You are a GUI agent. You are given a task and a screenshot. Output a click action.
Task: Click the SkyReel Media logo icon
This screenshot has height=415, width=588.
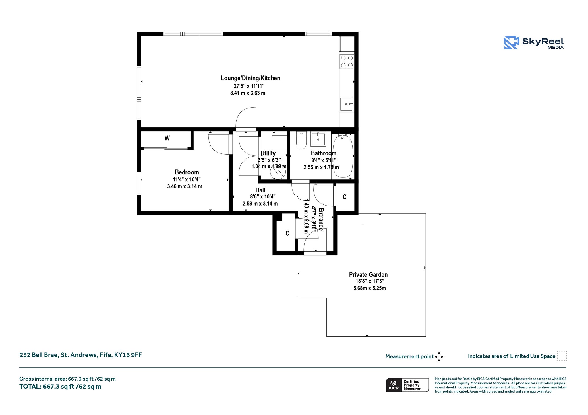click(511, 43)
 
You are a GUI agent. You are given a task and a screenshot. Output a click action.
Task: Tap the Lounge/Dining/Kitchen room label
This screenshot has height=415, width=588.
click(250, 78)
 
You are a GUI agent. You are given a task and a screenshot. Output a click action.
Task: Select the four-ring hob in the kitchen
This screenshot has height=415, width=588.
click(347, 61)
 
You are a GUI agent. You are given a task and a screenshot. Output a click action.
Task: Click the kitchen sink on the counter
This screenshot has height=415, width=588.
click(347, 104)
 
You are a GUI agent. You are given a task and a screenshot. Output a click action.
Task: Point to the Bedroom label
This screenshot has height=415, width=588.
click(187, 172)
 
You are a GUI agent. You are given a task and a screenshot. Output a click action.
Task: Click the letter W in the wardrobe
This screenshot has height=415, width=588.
click(167, 138)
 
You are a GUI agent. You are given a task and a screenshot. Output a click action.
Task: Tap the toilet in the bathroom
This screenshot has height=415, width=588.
click(301, 140)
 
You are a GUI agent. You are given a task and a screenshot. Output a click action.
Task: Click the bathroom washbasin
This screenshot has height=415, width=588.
click(318, 139)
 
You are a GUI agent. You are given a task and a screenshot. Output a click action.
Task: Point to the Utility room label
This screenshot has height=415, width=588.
click(268, 153)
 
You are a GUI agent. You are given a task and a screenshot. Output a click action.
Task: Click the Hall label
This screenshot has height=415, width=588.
click(260, 190)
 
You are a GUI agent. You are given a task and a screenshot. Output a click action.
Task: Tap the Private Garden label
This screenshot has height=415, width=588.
click(368, 274)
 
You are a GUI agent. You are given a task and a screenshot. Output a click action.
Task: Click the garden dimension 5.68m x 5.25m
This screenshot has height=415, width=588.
click(370, 288)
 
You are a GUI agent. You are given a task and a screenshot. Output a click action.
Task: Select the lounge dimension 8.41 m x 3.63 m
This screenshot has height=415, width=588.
click(248, 93)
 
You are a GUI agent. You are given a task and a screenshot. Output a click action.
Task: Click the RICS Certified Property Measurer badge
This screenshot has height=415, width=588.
click(407, 385)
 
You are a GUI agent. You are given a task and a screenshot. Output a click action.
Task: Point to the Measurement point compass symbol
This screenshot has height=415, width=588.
click(439, 357)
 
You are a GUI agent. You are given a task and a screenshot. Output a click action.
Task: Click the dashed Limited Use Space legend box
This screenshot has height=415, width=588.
click(562, 356)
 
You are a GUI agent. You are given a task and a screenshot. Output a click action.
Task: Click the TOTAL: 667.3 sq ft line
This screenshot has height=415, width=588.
click(60, 387)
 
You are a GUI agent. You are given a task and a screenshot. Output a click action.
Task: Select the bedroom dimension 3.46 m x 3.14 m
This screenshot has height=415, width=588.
click(185, 186)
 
